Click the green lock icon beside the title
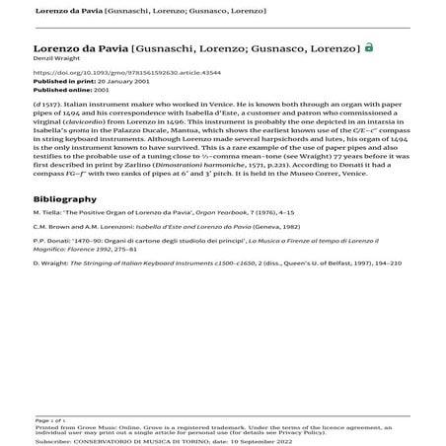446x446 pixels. point(369,46)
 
